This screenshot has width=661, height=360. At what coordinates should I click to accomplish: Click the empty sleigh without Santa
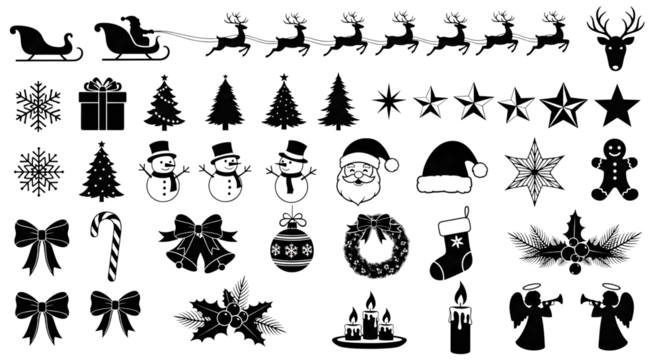point(41,41)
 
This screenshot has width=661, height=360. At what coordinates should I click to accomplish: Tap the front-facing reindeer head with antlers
point(614,36)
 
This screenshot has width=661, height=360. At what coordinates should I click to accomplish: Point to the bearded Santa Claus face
point(361,172)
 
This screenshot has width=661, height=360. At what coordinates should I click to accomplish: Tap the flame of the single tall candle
point(460,291)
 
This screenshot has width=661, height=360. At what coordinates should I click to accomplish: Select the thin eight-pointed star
point(386,100)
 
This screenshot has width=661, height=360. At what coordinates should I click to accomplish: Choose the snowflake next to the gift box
point(38,106)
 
